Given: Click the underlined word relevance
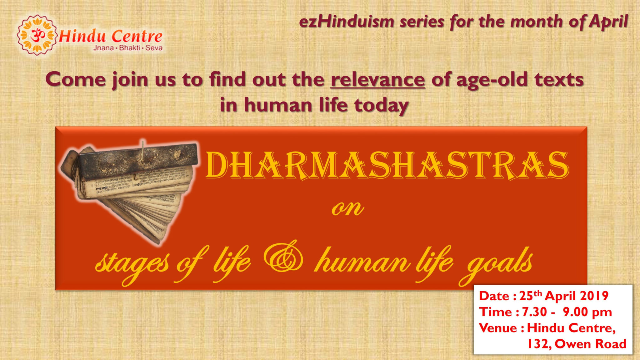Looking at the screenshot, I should pos(378,80).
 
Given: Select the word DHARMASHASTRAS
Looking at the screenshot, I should pos(387,166).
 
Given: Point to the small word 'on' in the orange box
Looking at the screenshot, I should pos(347,209).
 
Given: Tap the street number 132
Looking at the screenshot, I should pos(538,344).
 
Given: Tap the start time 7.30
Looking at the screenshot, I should pos(534,312).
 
